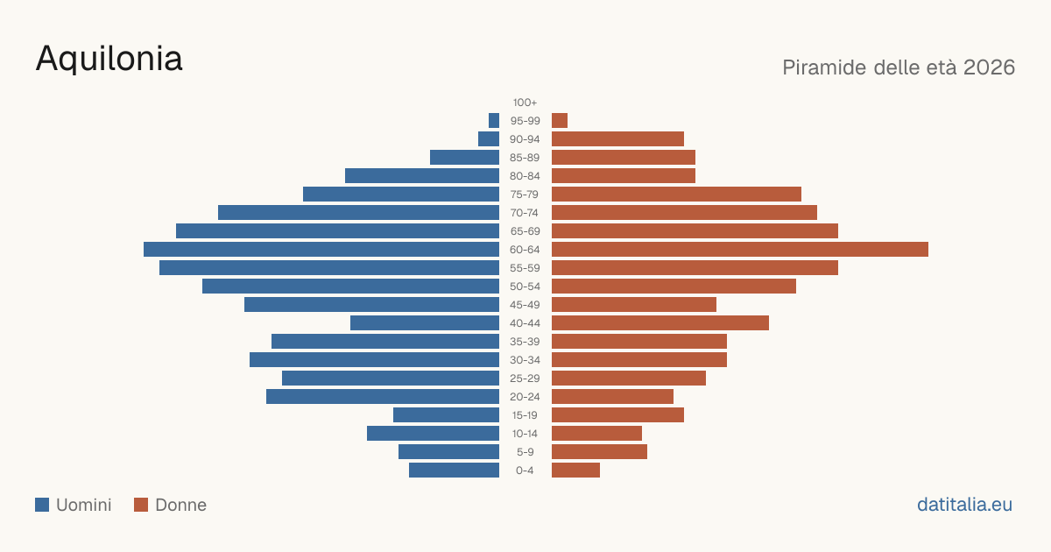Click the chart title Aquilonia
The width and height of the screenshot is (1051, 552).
(x=109, y=60)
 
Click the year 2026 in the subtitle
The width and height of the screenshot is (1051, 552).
(x=989, y=67)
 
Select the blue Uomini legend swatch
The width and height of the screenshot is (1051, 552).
(x=42, y=505)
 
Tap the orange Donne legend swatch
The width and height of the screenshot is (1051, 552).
(x=141, y=505)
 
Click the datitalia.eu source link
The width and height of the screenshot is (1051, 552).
(x=964, y=505)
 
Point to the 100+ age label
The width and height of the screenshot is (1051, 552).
(x=525, y=103)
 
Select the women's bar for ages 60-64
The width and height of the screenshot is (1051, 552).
(x=740, y=249)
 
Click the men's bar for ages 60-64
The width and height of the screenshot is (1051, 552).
(x=321, y=249)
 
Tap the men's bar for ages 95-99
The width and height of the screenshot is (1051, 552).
(x=494, y=121)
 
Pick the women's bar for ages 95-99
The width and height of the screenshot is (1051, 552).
(x=560, y=121)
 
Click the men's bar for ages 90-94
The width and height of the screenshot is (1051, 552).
(x=489, y=139)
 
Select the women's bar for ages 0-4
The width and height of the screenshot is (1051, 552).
(x=575, y=471)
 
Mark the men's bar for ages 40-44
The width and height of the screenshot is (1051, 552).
(x=425, y=323)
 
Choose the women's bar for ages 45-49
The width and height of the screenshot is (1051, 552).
(x=634, y=305)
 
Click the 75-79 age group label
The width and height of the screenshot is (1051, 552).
(x=525, y=195)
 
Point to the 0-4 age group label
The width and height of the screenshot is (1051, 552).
(x=525, y=471)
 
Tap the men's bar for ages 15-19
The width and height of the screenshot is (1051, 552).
(x=446, y=415)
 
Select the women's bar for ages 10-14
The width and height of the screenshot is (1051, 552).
(x=596, y=433)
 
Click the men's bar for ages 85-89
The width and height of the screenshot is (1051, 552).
(x=464, y=157)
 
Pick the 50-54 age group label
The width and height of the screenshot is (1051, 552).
(x=525, y=287)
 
